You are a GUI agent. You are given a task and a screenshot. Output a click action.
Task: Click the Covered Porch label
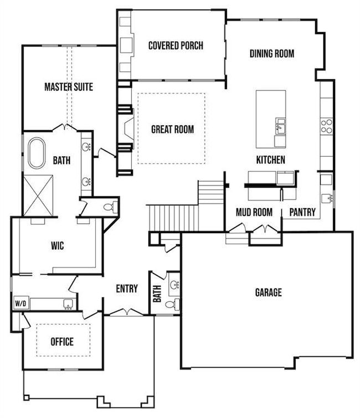tap(176, 45)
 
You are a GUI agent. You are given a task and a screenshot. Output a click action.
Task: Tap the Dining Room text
tap(271, 54)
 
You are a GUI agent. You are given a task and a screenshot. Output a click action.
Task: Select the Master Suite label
tap(69, 87)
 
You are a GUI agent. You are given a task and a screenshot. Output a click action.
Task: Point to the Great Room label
tap(173, 130)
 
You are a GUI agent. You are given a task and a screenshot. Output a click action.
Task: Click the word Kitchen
tap(270, 160)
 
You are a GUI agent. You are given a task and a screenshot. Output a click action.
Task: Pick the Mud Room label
tap(254, 212)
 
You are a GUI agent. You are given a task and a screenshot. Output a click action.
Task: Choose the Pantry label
tap(302, 212)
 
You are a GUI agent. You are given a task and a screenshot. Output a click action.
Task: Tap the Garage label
tap(268, 292)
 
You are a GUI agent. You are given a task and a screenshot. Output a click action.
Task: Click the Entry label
tap(127, 288)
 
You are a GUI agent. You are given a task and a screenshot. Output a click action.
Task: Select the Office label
tap(62, 342)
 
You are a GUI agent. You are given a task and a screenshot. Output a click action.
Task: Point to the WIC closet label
tap(57, 246)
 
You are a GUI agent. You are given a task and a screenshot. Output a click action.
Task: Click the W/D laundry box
tap(20, 303)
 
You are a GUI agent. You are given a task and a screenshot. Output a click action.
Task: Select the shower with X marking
tap(38, 193)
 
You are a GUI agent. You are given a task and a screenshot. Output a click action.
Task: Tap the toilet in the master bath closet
tap(110, 206)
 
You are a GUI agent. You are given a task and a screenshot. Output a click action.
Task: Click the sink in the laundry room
tap(68, 304)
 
